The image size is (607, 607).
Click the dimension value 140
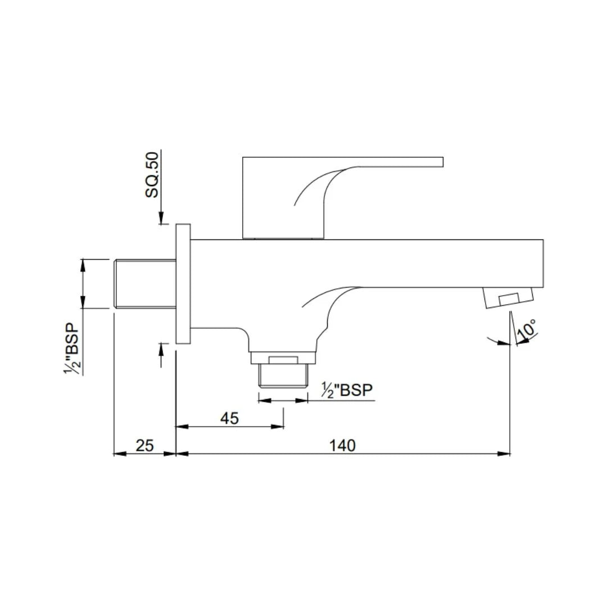coord(342,446)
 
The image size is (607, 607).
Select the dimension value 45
coord(229,418)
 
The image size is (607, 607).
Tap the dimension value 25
coord(144,446)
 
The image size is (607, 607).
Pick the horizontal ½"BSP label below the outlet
coord(347,390)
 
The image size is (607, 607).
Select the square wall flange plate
coord(183,283)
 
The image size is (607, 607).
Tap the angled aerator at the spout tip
coord(508,297)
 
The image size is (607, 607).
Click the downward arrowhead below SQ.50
coord(161,219)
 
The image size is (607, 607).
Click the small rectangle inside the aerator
coord(509,299)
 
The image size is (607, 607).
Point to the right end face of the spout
coord(543,263)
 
